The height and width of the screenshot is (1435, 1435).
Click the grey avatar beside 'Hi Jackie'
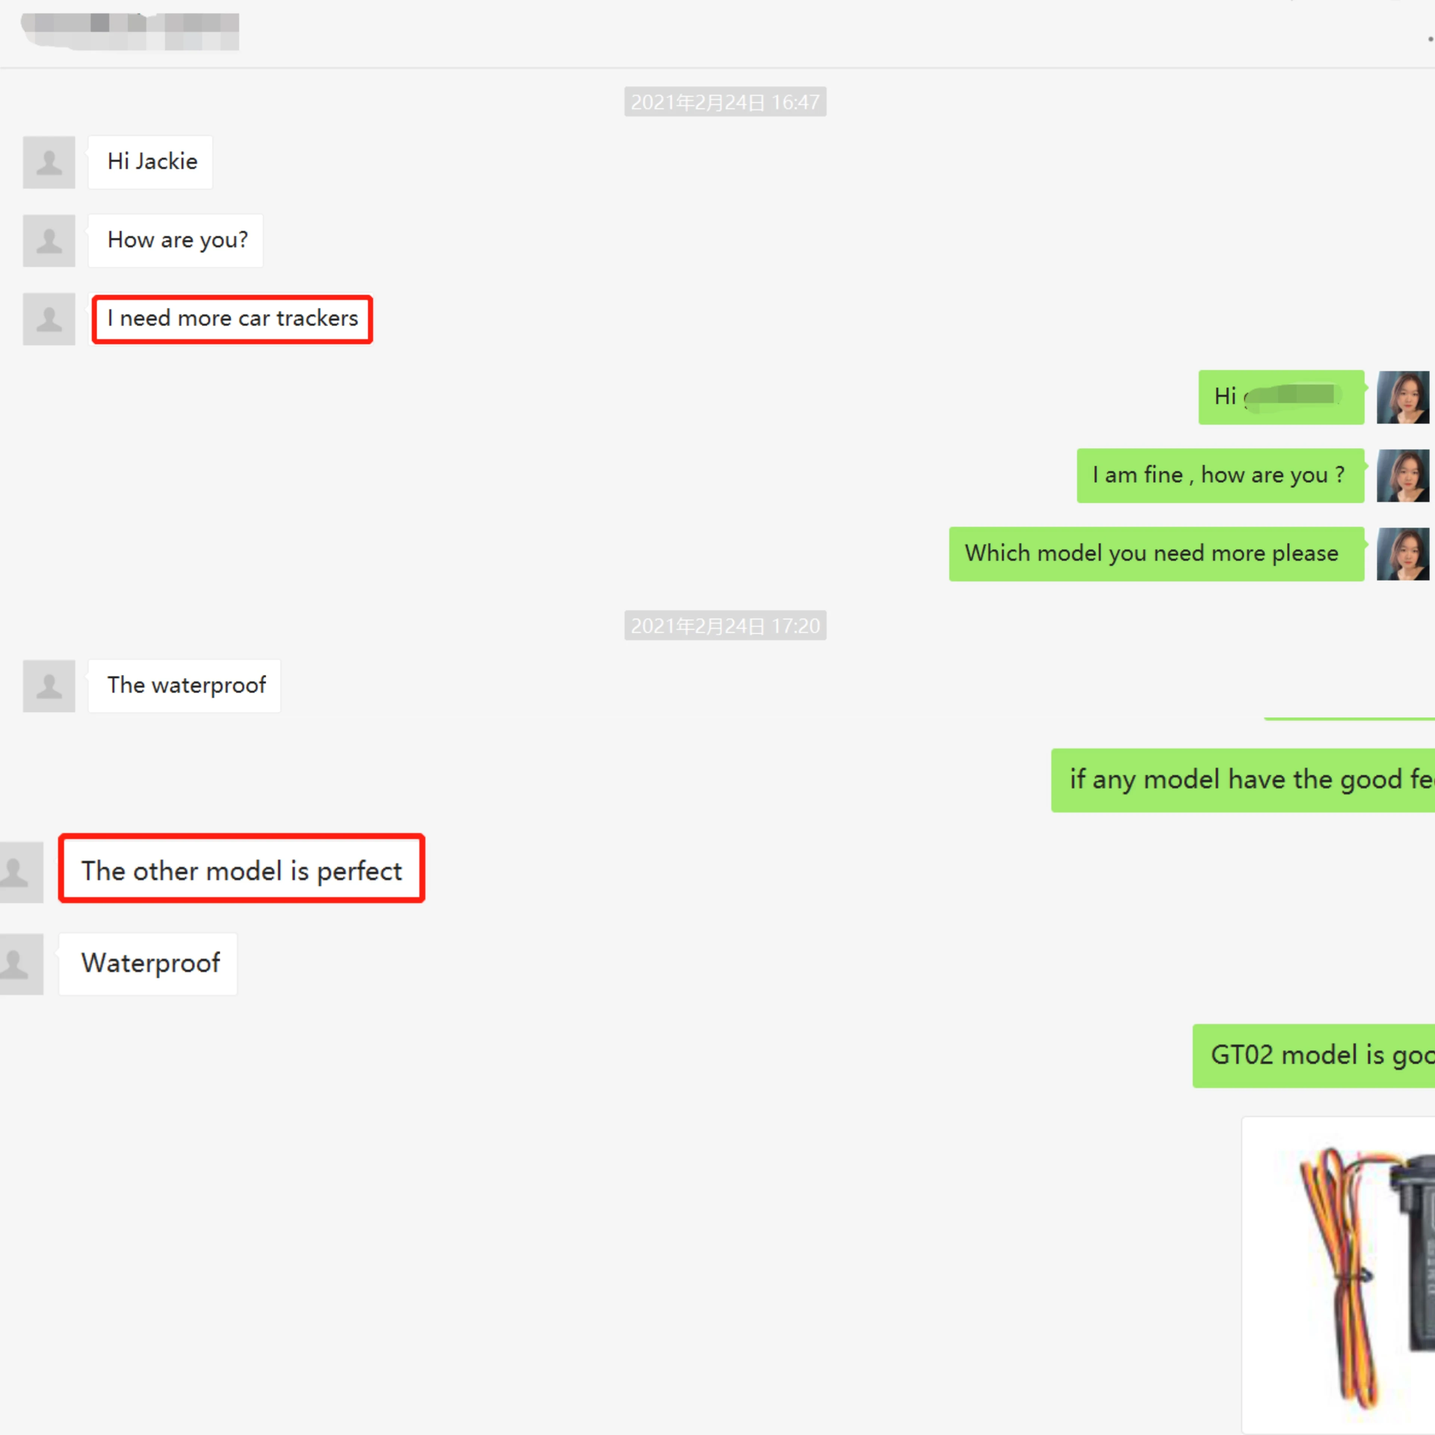tap(49, 162)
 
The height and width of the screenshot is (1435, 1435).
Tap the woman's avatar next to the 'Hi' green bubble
tap(1402, 397)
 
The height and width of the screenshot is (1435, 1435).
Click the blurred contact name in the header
tap(130, 31)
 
